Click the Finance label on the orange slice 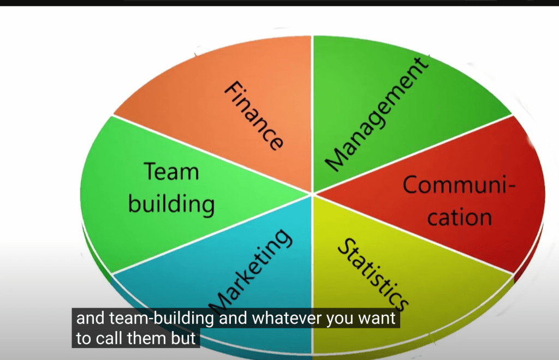click(254, 116)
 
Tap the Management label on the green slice click(377, 114)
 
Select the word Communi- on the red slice click(459, 184)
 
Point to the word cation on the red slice click(460, 217)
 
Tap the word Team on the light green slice click(171, 172)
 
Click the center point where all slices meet click(312, 194)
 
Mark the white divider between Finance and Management click(312, 115)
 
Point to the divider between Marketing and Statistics click(312, 275)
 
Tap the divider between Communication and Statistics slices click(413, 234)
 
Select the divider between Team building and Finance click(212, 154)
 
